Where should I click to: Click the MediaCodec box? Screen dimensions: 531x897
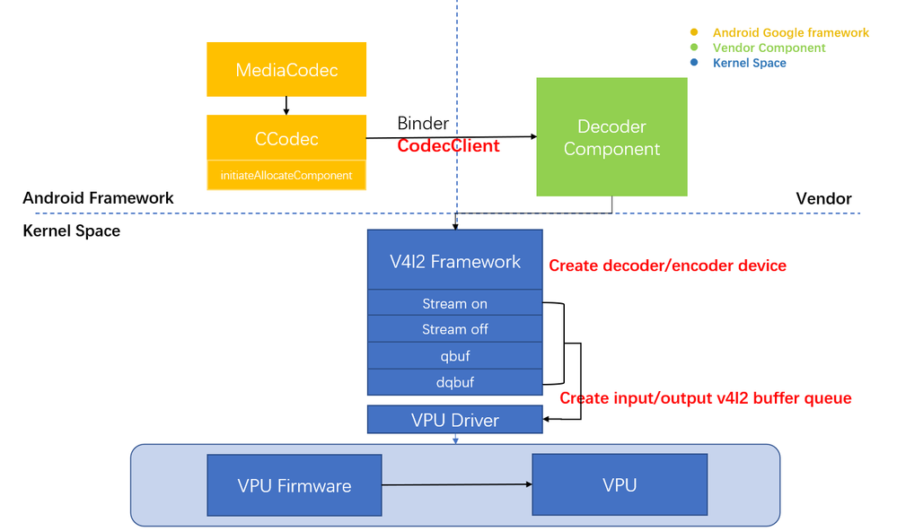pyautogui.click(x=286, y=69)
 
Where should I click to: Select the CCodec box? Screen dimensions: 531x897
pyautogui.click(x=286, y=139)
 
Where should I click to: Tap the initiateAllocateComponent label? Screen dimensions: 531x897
pyautogui.click(x=286, y=176)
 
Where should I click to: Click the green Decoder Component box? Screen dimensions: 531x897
pyautogui.click(x=611, y=137)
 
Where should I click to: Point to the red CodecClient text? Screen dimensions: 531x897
pyautogui.click(x=448, y=145)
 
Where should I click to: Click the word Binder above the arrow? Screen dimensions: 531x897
pyautogui.click(x=423, y=124)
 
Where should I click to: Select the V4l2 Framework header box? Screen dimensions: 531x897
pyautogui.click(x=455, y=261)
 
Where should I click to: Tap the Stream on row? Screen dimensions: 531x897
pyautogui.click(x=455, y=303)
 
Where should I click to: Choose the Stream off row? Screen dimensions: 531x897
pyautogui.click(x=455, y=329)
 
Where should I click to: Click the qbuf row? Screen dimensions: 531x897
pyautogui.click(x=455, y=356)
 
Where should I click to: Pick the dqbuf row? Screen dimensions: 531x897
pyautogui.click(x=455, y=382)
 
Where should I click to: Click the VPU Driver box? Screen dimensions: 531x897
pyautogui.click(x=455, y=420)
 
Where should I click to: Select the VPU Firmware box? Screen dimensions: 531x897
pyautogui.click(x=295, y=485)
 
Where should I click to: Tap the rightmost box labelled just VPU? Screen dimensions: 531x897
pyautogui.click(x=620, y=485)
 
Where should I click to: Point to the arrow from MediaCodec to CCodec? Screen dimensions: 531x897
pyautogui.click(x=286, y=105)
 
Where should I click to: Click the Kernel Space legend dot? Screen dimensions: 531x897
pyautogui.click(x=693, y=63)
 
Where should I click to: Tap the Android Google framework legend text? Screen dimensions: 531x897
pyautogui.click(x=790, y=32)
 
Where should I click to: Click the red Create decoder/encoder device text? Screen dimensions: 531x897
pyautogui.click(x=667, y=265)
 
